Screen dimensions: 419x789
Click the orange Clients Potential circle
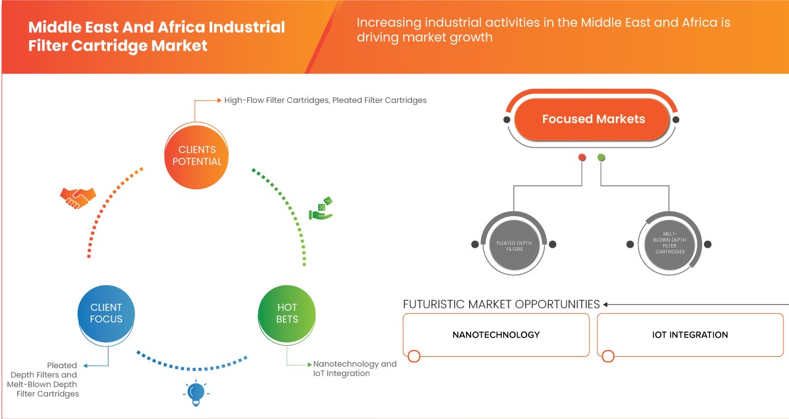[x=197, y=155]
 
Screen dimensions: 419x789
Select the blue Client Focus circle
[x=106, y=313]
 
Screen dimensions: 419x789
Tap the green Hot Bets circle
[x=287, y=313]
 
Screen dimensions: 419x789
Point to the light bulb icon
[x=195, y=393]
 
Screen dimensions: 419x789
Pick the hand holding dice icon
[x=321, y=209]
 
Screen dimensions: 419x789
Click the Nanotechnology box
[x=496, y=335]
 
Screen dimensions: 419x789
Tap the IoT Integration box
[x=690, y=335]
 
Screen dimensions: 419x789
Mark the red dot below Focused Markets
[x=582, y=158]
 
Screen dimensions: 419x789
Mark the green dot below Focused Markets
[x=602, y=158]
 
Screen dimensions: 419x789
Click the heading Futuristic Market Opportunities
[x=501, y=304]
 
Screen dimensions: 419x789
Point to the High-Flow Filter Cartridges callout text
[x=325, y=100]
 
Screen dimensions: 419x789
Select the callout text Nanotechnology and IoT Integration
[x=354, y=368]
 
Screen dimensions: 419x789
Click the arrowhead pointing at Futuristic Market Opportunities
[x=606, y=304]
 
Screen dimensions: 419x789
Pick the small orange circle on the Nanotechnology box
[x=414, y=356]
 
